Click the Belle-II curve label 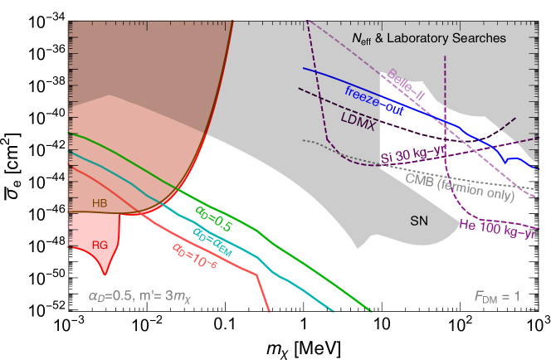[x=406, y=85]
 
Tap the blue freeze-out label [x=374, y=100]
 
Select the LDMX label [x=358, y=121]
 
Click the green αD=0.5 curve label [x=213, y=218]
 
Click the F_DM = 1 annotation [x=497, y=295]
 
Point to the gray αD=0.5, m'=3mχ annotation [x=145, y=295]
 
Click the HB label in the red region [x=100, y=202]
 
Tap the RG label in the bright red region [x=100, y=245]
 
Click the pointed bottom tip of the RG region [x=105, y=275]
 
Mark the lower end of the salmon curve [x=270, y=311]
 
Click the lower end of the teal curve [x=334, y=312]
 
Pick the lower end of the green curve [x=372, y=313]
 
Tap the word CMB [x=420, y=179]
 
